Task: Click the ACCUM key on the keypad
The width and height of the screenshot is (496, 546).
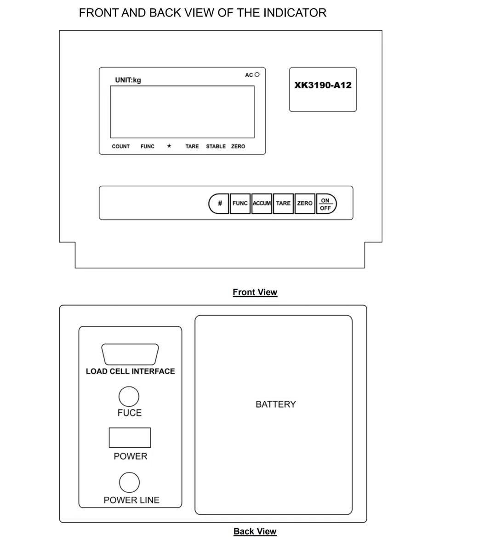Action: pos(262,203)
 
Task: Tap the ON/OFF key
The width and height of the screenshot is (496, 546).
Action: pos(326,204)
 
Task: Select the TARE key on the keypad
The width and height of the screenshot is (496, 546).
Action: pos(283,203)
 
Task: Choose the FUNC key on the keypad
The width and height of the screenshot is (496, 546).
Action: pos(240,203)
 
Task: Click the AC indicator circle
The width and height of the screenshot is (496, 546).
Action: pos(257,74)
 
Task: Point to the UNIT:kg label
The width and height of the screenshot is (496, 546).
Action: pos(128,80)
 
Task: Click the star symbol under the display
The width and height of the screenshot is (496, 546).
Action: pos(169,146)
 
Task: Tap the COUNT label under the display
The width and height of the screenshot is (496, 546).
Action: pos(120,146)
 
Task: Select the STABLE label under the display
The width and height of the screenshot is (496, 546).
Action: pos(216,146)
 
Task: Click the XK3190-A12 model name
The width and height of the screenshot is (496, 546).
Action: pos(323,85)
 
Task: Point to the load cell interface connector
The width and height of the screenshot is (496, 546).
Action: pos(130,354)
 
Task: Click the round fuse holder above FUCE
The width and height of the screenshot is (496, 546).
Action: pos(129,397)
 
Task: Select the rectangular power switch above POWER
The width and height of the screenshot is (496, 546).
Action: pos(130,438)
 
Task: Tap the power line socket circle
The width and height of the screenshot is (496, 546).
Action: pos(129,483)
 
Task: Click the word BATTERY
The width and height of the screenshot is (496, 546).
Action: pos(275,404)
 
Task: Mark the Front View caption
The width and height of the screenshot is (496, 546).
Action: pos(255,292)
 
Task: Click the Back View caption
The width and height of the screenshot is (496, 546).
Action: pos(255,531)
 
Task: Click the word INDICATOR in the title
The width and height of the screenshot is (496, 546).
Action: pos(295,13)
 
